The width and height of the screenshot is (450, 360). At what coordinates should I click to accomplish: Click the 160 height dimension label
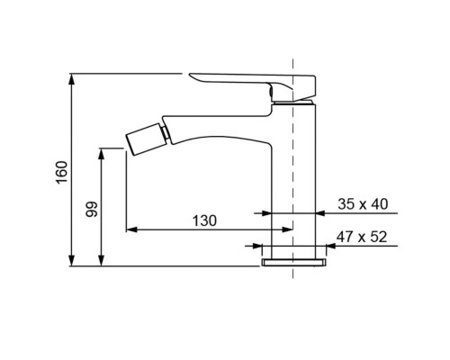tap(62, 173)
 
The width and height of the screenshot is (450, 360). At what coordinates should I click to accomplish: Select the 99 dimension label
tap(92, 209)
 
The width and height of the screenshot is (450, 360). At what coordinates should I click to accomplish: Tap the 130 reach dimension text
tap(204, 221)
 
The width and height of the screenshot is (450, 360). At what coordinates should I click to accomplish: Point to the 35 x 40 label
tap(363, 204)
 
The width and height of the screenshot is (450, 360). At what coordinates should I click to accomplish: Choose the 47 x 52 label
tap(362, 237)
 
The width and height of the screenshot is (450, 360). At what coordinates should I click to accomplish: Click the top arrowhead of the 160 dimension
tap(71, 78)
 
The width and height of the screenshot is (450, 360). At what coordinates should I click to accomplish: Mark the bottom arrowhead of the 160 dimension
tap(71, 260)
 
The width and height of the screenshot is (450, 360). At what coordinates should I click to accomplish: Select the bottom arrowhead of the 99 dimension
tap(102, 260)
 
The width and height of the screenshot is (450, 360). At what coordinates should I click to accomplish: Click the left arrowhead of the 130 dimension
tap(131, 229)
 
